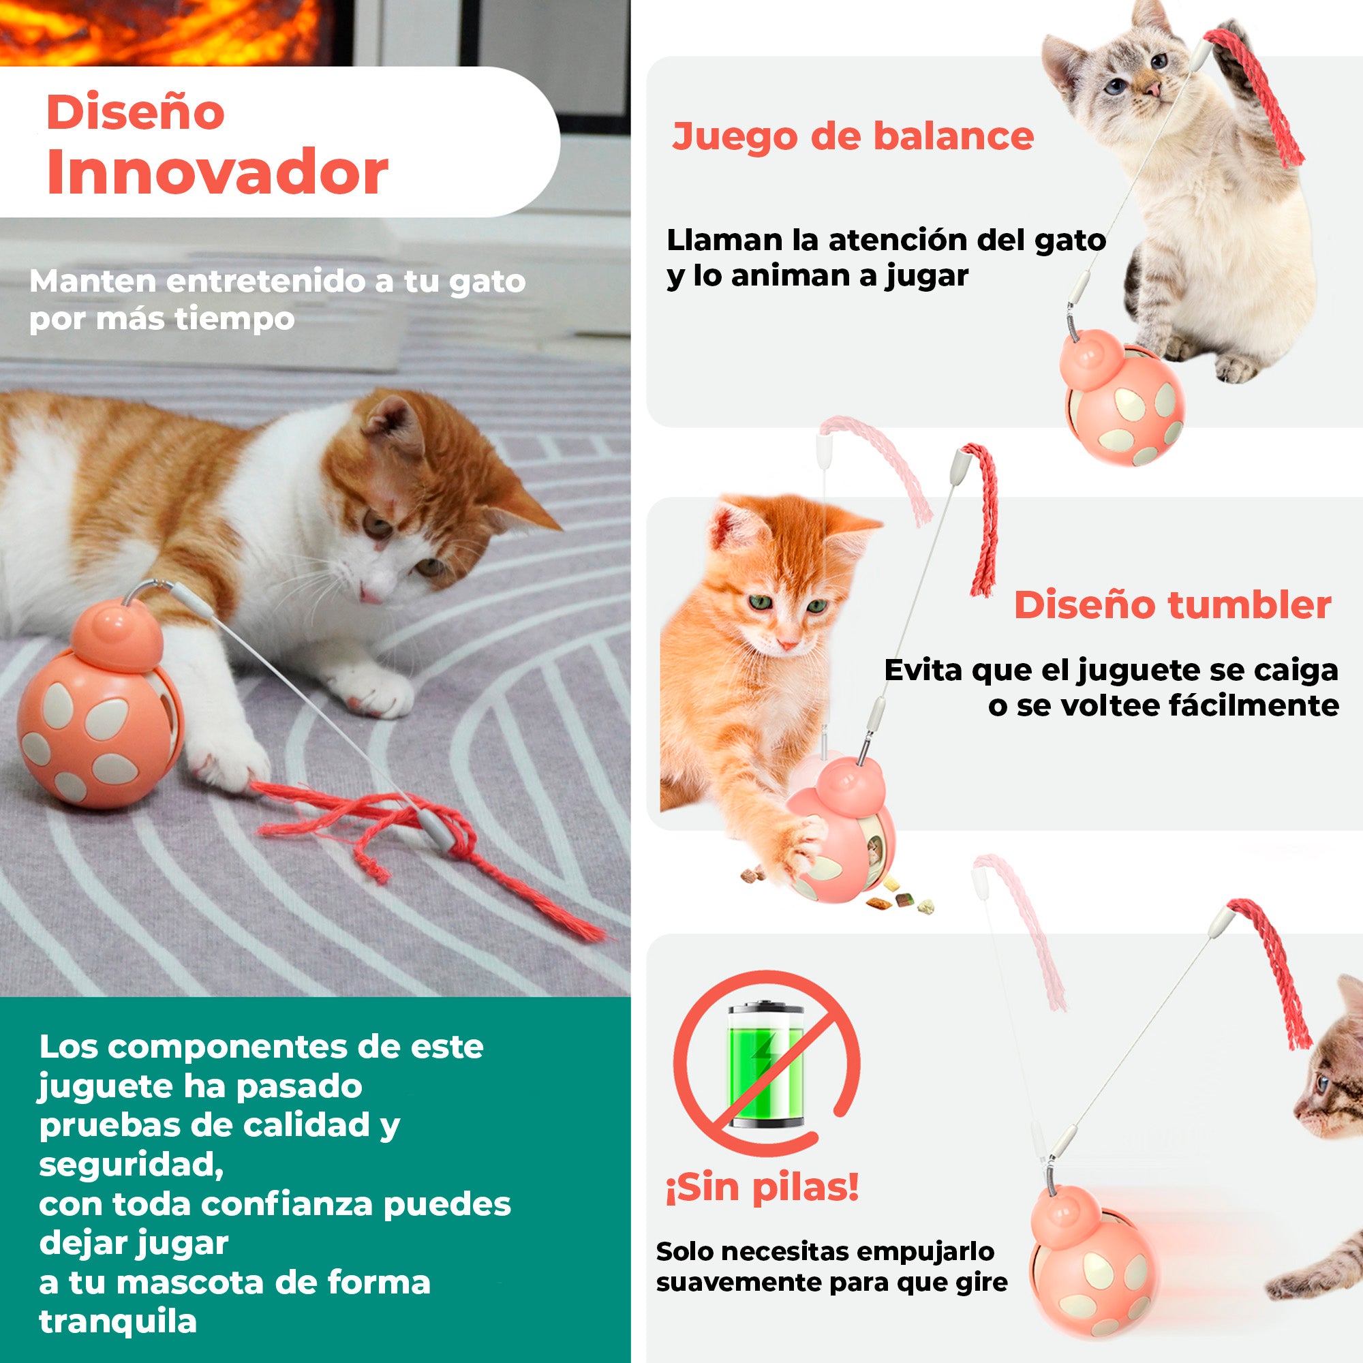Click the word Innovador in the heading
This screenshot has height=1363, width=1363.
tap(217, 173)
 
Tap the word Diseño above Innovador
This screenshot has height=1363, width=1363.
tap(136, 112)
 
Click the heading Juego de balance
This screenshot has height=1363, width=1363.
tap(853, 136)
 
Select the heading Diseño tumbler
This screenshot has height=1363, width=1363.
tap(1171, 605)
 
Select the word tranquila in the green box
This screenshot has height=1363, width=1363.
tap(118, 1321)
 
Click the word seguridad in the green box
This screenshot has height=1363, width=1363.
tap(131, 1165)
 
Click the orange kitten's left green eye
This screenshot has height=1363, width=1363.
tap(761, 603)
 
